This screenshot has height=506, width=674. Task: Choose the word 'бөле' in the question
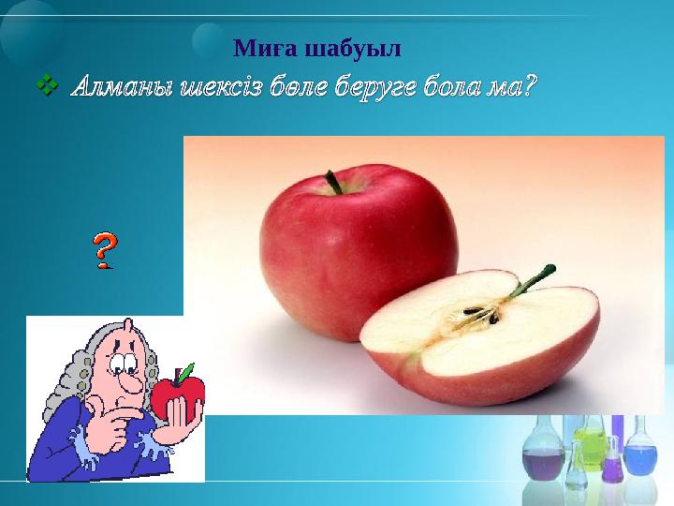(296, 89)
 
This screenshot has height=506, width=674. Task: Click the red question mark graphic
(105, 250)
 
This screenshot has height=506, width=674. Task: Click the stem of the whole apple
(333, 182)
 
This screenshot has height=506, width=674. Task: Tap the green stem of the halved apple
(529, 282)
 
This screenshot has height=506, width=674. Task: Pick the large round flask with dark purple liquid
(542, 460)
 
